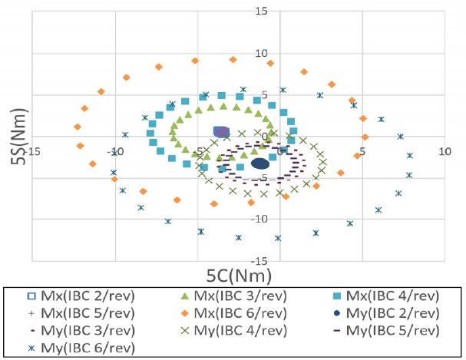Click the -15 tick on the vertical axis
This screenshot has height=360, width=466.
pyautogui.click(x=260, y=259)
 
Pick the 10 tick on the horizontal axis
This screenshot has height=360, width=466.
pyautogui.click(x=444, y=152)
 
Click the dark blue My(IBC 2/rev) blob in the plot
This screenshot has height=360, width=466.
pyautogui.click(x=260, y=163)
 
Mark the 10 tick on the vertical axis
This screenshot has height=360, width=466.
pyautogui.click(x=263, y=54)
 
